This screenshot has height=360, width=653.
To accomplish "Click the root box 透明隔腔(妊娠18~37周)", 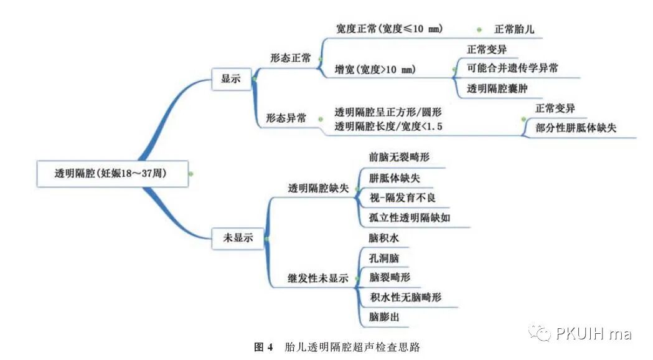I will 111,174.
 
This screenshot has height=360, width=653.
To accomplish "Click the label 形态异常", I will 286,118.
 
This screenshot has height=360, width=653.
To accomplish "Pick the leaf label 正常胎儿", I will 514,29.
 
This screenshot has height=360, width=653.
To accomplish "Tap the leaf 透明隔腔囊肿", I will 497,88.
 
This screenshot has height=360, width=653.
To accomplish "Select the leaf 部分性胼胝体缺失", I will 576,128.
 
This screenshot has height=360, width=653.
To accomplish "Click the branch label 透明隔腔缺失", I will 318,188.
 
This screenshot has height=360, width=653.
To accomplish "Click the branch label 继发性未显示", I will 317,278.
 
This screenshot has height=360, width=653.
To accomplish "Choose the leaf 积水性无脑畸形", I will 406,298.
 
